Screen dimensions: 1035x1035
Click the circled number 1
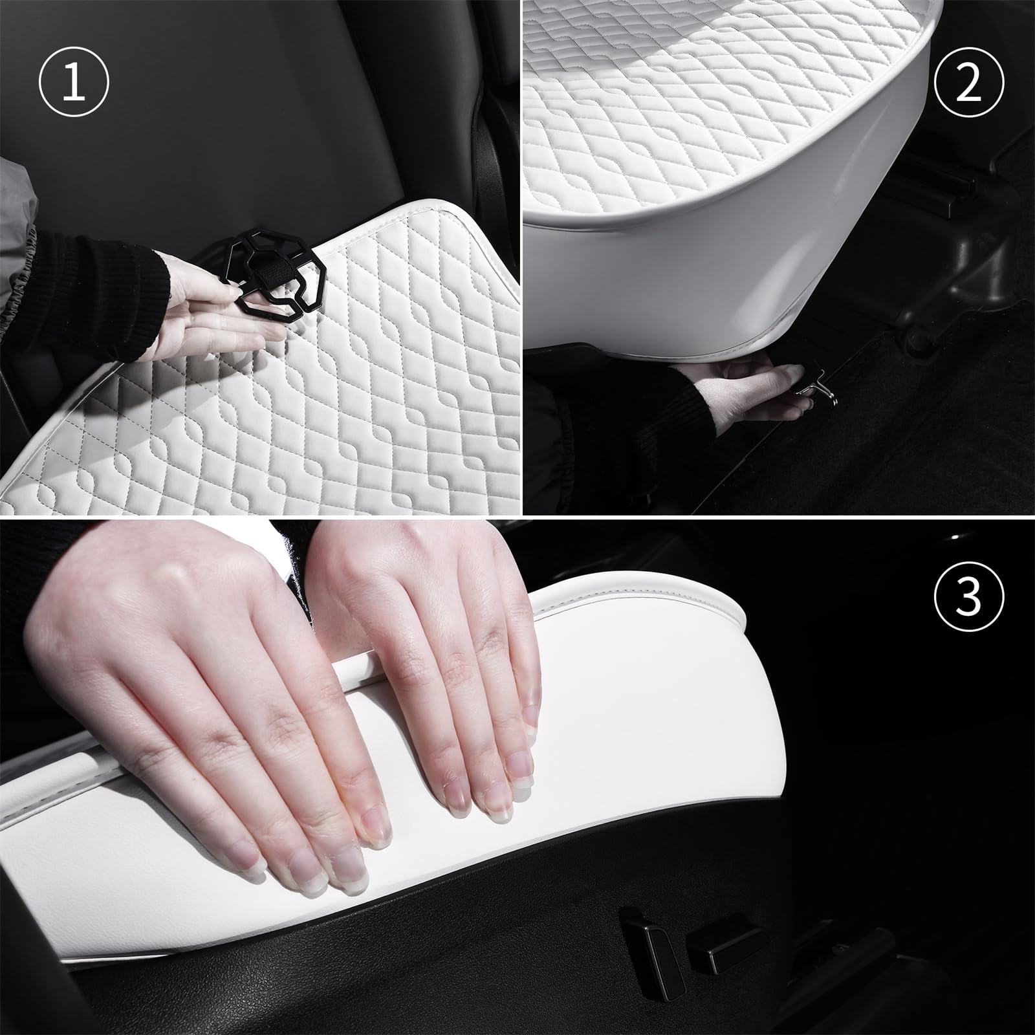pos(74,85)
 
